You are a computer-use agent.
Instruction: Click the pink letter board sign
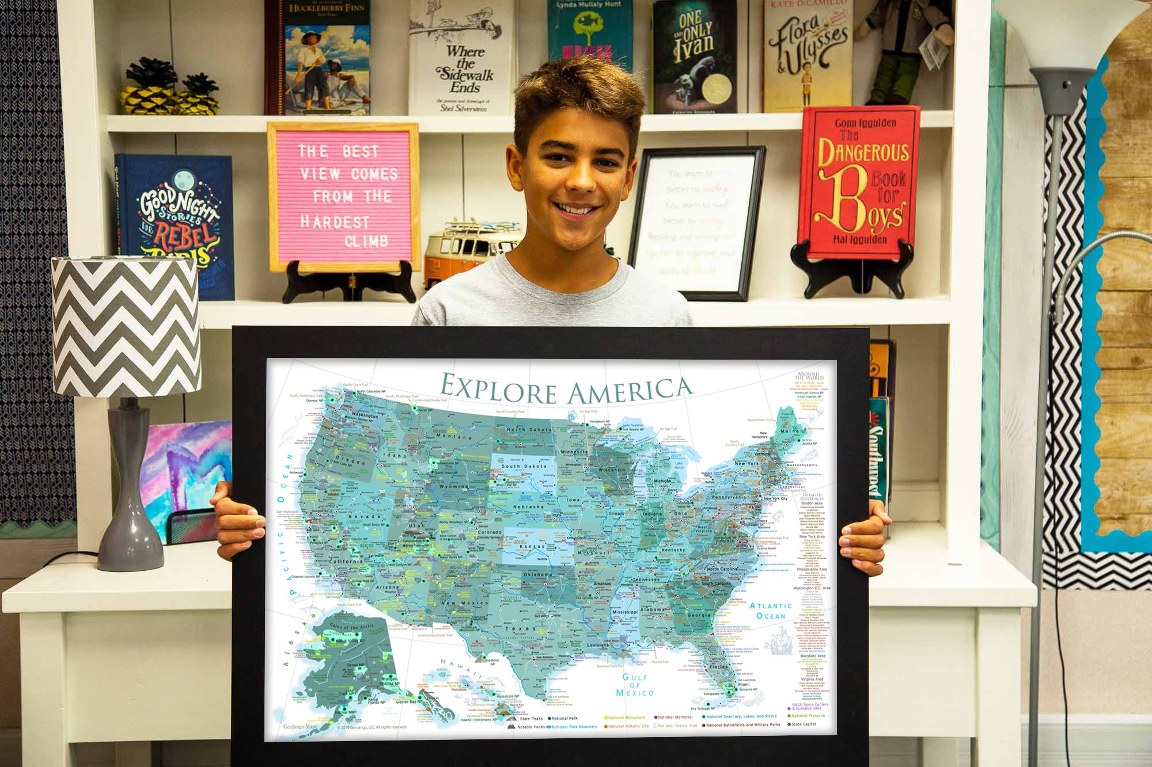(344, 196)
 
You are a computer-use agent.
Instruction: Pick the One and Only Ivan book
(694, 58)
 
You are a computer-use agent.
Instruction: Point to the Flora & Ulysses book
(806, 55)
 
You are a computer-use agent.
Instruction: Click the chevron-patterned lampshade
(126, 325)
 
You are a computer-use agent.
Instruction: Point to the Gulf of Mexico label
(635, 685)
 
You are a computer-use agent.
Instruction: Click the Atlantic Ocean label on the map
(771, 610)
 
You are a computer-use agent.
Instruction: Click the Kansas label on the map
(532, 546)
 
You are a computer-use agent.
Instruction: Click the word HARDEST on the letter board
(335, 222)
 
